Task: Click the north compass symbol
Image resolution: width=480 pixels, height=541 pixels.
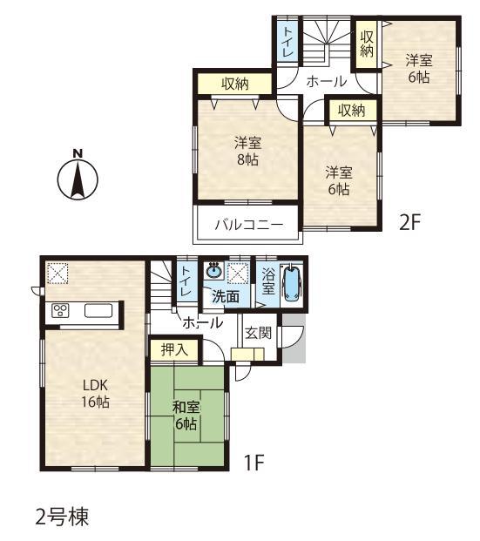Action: pos(78,178)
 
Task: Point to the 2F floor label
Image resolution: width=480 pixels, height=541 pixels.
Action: pos(410,221)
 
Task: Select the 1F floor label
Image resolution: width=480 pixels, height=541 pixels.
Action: pos(253,463)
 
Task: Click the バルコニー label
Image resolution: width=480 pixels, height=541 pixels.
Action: pos(249,225)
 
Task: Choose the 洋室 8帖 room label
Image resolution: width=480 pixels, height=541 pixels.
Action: pos(247,152)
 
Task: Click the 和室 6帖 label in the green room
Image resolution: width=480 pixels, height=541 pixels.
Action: pos(184,416)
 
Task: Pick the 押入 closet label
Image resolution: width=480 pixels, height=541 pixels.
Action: pos(174,350)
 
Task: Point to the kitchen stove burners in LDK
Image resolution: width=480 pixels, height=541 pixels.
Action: pos(61,310)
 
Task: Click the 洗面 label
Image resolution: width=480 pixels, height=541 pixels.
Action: pos(226,296)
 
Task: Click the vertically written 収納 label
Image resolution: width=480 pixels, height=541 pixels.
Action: pos(366,45)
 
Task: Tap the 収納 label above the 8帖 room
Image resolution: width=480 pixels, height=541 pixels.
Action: pos(234,84)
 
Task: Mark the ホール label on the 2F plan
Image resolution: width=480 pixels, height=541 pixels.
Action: pos(327,82)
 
